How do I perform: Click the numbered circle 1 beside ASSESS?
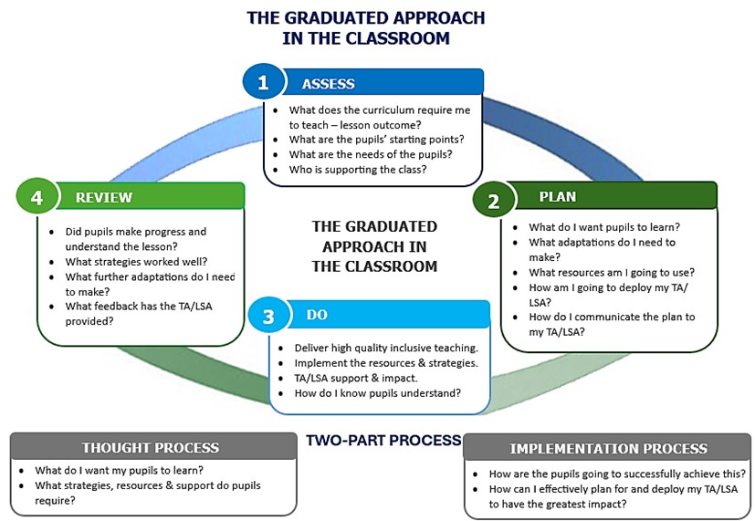tap(263, 83)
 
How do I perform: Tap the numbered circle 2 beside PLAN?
tap(494, 201)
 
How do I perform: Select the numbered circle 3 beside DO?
tap(267, 316)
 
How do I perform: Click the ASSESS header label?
tap(328, 84)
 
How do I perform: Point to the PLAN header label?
tap(558, 196)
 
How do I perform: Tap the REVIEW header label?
tap(103, 197)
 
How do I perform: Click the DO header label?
tap(317, 315)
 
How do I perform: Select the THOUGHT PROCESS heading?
tap(151, 447)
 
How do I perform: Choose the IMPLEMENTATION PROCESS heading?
tap(608, 448)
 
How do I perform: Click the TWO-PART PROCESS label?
tap(383, 441)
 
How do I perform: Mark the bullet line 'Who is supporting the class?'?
tap(357, 170)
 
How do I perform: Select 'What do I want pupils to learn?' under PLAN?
tap(604, 227)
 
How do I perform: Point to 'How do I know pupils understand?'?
tap(377, 393)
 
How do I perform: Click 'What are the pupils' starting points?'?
tap(376, 139)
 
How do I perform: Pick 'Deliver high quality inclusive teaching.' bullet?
tap(386, 348)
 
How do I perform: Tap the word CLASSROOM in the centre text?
tap(386, 266)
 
